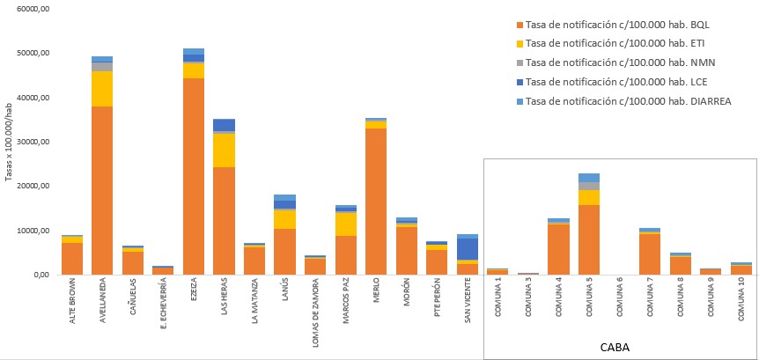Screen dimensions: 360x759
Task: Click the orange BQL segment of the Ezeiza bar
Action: click(194, 176)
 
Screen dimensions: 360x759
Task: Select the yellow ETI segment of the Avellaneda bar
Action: click(102, 88)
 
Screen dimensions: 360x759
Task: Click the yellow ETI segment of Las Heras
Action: click(224, 150)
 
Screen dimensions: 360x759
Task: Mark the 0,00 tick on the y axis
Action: click(36, 275)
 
